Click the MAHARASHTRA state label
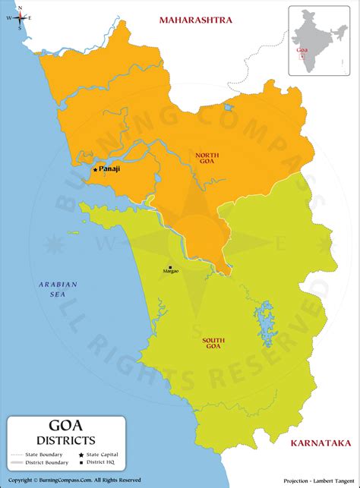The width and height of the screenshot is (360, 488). click(195, 20)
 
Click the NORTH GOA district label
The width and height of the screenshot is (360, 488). click(207, 159)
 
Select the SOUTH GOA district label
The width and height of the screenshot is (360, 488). click(212, 343)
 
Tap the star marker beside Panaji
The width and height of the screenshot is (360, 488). click(95, 170)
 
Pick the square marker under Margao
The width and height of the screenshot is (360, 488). click(170, 267)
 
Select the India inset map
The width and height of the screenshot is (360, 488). click(318, 39)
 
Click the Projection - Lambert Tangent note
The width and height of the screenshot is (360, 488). click(317, 480)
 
